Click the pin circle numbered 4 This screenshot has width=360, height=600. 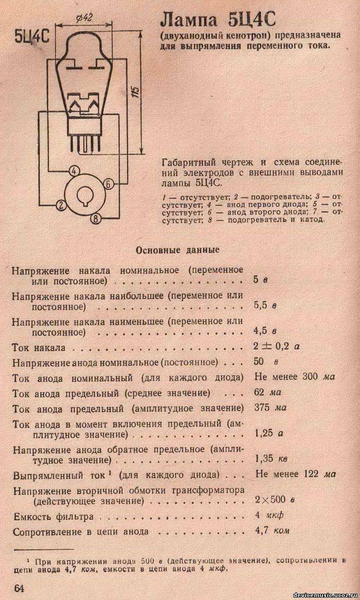(x=73, y=171)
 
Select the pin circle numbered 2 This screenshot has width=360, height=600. (x=60, y=206)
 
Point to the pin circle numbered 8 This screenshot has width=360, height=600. (x=96, y=219)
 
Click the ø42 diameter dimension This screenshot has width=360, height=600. (x=84, y=18)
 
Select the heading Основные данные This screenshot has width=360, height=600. (x=178, y=250)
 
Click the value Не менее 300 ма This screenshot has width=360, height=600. (x=295, y=376)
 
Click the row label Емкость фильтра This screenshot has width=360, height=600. (x=53, y=517)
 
